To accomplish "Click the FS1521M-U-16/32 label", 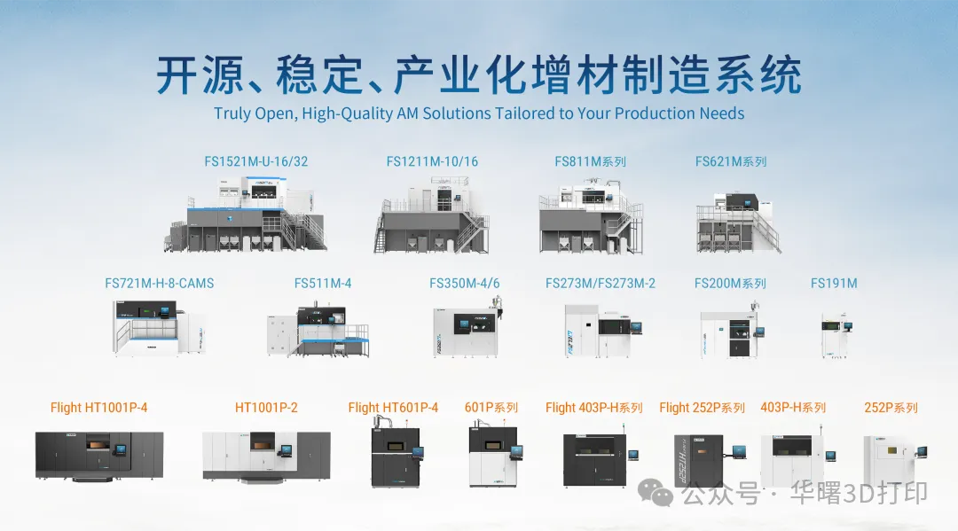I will tap(256, 161).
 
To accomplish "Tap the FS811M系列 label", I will tap(590, 161).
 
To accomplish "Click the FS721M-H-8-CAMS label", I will tap(160, 284).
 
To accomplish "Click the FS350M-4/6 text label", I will tap(465, 284).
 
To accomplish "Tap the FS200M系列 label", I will tap(730, 284).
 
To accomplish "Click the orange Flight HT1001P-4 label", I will tap(99, 408).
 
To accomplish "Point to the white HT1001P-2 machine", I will tap(265, 457).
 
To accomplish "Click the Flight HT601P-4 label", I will tap(393, 408).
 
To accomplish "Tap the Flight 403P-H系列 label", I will tap(594, 408).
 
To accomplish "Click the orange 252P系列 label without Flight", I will tap(891, 408).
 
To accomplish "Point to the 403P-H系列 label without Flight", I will tap(793, 408).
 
